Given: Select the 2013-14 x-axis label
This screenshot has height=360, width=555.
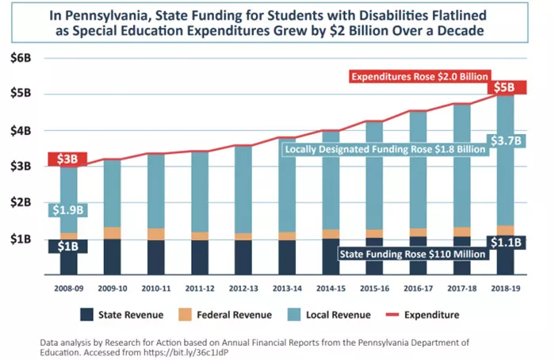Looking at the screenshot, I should [289, 289].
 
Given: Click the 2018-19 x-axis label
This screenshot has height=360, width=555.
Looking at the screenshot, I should [511, 289].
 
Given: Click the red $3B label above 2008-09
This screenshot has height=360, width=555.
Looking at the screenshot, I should [67, 159].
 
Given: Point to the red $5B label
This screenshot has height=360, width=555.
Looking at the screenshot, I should [511, 86].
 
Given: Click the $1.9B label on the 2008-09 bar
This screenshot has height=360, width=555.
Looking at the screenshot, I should [67, 210].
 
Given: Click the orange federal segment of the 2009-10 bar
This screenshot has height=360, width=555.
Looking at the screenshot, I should [113, 232].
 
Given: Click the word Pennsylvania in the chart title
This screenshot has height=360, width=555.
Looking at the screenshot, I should [147, 14].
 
